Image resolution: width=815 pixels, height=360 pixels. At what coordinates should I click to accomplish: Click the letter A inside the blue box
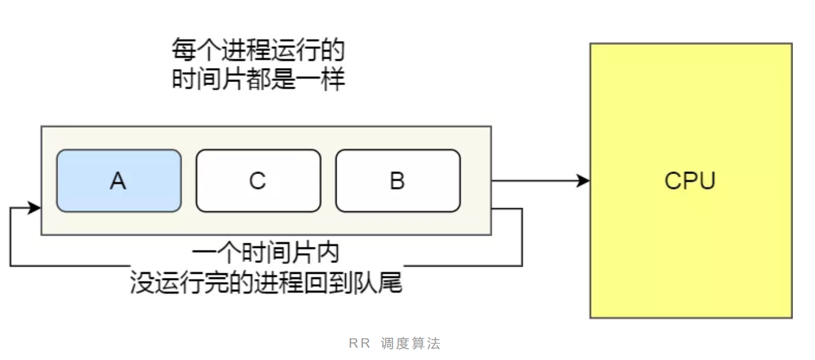118,181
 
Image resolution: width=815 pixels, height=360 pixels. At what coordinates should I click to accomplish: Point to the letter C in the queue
258,181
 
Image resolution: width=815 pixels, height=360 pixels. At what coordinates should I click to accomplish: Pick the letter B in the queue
398,181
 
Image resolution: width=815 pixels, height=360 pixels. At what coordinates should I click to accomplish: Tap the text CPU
690,181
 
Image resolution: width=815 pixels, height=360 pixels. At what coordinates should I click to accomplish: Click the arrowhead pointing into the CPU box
583,181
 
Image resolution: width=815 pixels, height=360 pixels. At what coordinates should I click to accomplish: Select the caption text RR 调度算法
394,344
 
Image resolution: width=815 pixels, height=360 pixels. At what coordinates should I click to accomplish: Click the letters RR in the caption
359,344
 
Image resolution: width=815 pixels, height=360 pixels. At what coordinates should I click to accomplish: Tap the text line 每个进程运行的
258,51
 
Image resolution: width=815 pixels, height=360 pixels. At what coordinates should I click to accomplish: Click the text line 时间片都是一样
258,79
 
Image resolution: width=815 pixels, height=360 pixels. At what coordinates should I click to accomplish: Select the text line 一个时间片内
266,254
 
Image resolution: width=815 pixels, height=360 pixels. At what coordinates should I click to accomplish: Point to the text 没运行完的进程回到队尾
266,283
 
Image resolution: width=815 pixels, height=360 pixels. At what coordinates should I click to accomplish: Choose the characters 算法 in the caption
426,344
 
